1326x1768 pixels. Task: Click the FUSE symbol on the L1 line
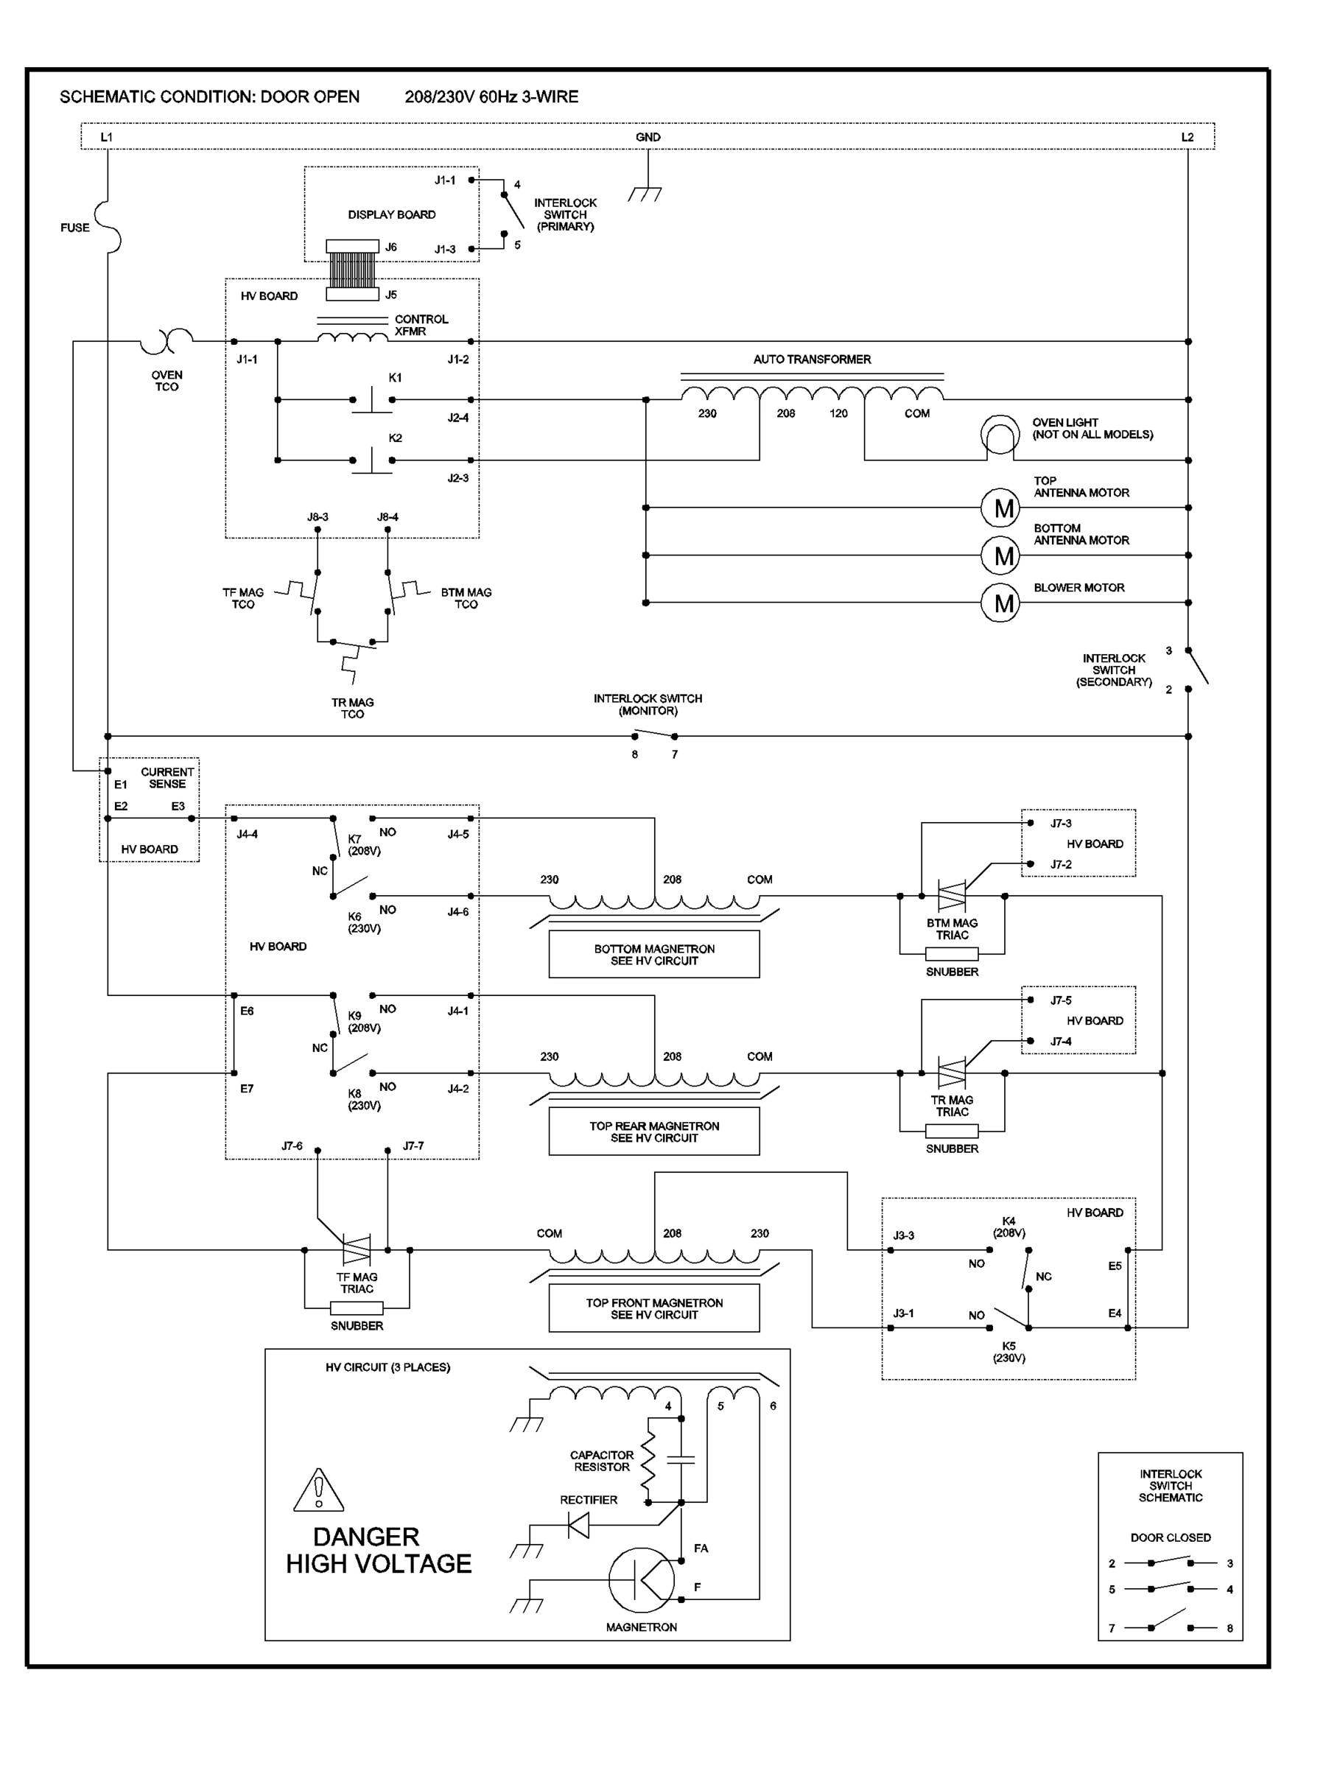(108, 226)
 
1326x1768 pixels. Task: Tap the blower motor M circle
(999, 603)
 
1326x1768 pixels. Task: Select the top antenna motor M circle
(999, 508)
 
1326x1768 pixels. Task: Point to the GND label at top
(648, 138)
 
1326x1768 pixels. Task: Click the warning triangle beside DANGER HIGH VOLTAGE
(318, 1491)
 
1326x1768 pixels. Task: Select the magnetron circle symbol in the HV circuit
(641, 1580)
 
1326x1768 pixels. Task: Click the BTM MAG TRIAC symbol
(951, 896)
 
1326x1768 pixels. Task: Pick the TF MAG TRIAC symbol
(357, 1249)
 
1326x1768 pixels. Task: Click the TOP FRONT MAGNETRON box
(654, 1308)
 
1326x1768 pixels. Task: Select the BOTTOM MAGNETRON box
(654, 954)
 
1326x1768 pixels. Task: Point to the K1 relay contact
(372, 399)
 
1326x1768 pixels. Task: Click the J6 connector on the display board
(352, 247)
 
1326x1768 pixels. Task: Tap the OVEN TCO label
(166, 380)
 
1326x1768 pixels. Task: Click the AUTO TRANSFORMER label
(811, 359)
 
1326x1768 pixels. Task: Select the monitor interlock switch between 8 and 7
(654, 734)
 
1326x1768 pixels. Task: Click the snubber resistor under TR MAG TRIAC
(951, 1131)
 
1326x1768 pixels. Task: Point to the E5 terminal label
(1114, 1266)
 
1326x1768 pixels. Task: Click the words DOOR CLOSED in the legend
(1169, 1537)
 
